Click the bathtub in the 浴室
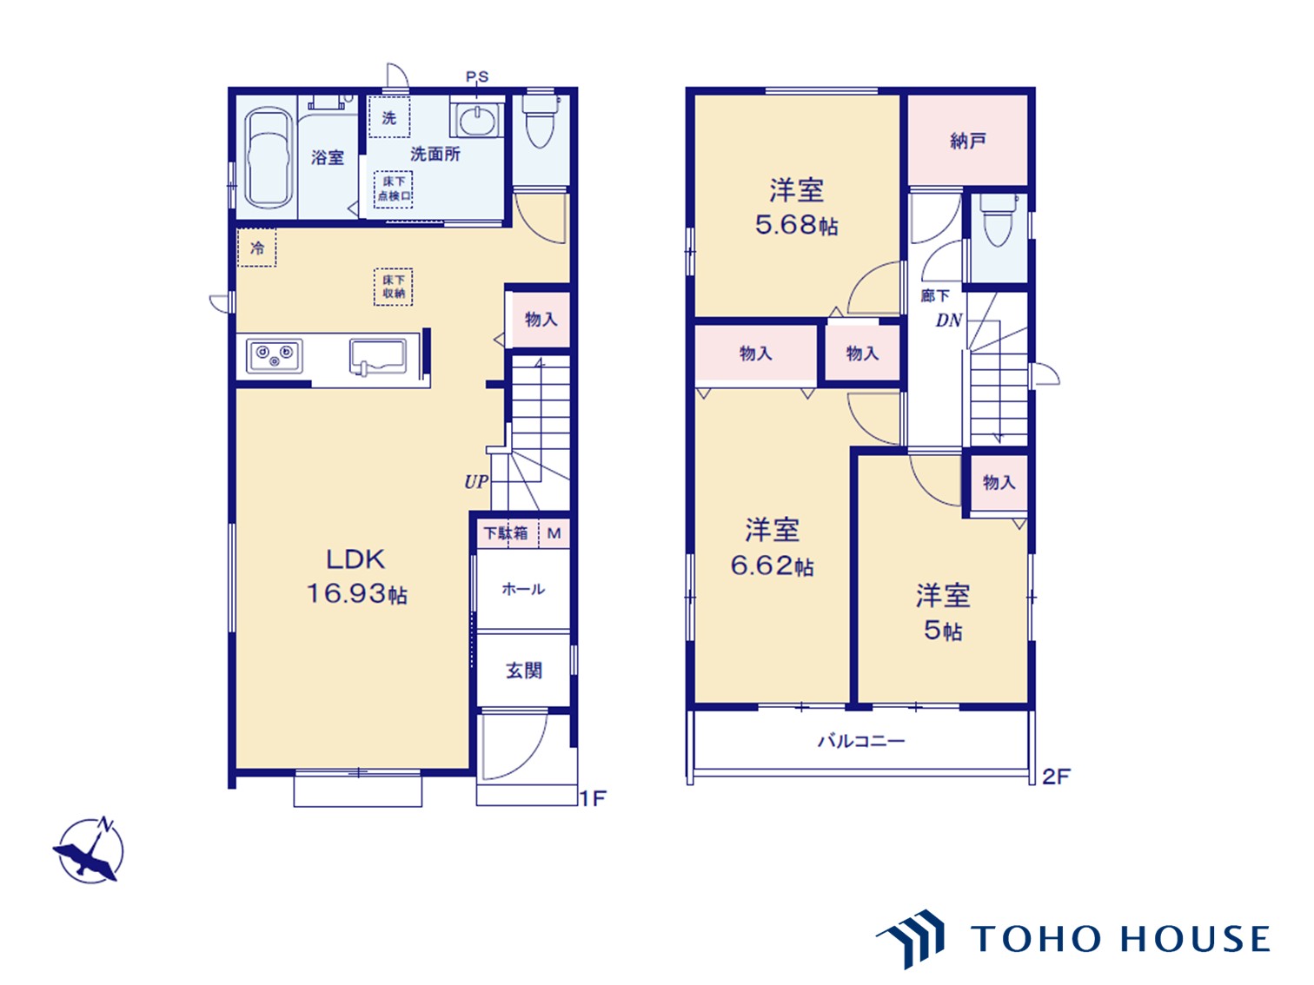[x=269, y=158]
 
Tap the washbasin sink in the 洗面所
[x=476, y=120]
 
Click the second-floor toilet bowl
[x=998, y=220]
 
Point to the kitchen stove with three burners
[x=274, y=355]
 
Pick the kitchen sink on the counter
[x=378, y=357]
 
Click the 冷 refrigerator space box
[x=256, y=248]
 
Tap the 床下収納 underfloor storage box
[x=394, y=287]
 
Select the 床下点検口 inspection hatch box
[x=394, y=189]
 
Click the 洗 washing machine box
[x=389, y=117]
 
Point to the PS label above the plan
[x=477, y=76]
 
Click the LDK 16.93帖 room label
[x=357, y=577]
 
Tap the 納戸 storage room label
[x=967, y=141]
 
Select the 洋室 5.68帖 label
[x=796, y=207]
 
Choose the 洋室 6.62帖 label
[x=772, y=548]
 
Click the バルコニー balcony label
[x=861, y=742]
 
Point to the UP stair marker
[x=476, y=481]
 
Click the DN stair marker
[x=949, y=321]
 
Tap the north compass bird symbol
[x=89, y=850]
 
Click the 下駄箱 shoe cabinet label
[x=506, y=532]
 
